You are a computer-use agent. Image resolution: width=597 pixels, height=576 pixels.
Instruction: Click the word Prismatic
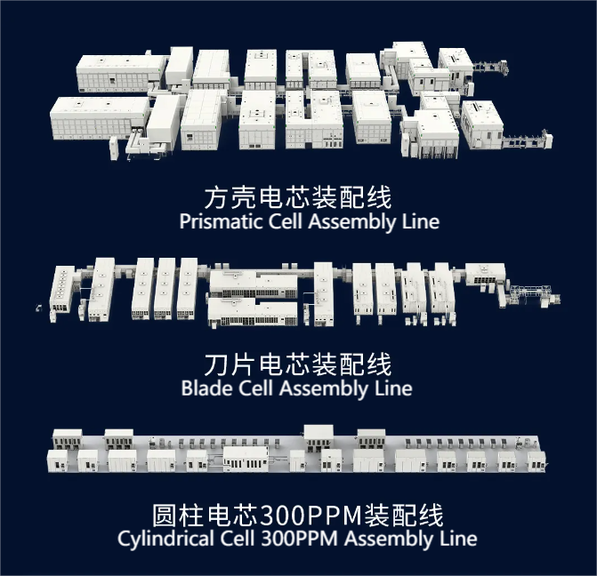point(222,221)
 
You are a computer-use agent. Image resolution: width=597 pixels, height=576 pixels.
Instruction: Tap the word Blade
point(207,388)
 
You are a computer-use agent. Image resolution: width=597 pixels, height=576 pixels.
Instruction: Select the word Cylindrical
point(165,539)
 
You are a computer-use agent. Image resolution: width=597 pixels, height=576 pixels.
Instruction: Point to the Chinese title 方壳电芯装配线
point(298,197)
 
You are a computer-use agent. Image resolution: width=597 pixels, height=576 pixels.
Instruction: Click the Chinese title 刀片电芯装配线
point(298,364)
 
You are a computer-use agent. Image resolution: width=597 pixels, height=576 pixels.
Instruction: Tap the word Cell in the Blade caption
point(256,388)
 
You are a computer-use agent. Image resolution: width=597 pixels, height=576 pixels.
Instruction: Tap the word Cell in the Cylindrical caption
point(238,539)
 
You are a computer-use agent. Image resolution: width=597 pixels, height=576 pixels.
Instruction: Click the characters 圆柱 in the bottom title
point(179,516)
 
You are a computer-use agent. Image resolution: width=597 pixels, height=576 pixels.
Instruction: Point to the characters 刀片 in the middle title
point(230,364)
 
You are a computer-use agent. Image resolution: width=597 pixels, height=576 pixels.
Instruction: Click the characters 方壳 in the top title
point(230,197)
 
